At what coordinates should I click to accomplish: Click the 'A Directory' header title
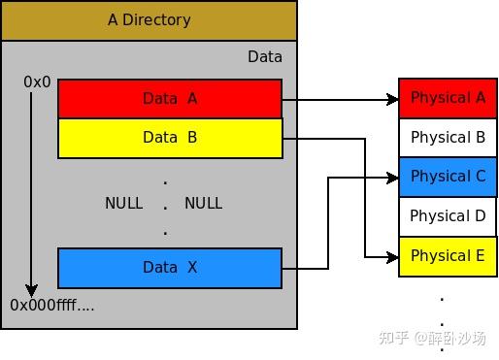coord(149,19)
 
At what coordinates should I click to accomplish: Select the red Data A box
coord(170,98)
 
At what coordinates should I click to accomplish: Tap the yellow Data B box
coord(170,138)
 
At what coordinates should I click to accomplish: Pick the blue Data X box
coord(170,267)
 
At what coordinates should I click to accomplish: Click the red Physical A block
coord(448,98)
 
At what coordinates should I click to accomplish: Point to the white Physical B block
coord(448,138)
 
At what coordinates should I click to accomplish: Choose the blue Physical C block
coord(448,177)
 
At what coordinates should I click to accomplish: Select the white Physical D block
coord(448,216)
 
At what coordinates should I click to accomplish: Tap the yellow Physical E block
coord(448,256)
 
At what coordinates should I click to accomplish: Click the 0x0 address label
coord(37,82)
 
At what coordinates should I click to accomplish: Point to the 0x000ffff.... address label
coord(52,305)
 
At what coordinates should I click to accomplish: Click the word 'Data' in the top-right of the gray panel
coord(264,57)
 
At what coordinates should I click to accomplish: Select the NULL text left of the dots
coord(123,204)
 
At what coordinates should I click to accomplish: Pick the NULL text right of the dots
coord(203,204)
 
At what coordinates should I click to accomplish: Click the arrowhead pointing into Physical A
coord(392,99)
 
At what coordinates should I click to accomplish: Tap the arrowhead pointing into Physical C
coord(392,178)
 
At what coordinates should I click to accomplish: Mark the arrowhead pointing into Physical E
coord(392,257)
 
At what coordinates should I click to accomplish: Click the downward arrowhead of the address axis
coord(31,289)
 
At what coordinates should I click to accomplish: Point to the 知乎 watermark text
coord(393,338)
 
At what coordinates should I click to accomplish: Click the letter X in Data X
coord(191,267)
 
